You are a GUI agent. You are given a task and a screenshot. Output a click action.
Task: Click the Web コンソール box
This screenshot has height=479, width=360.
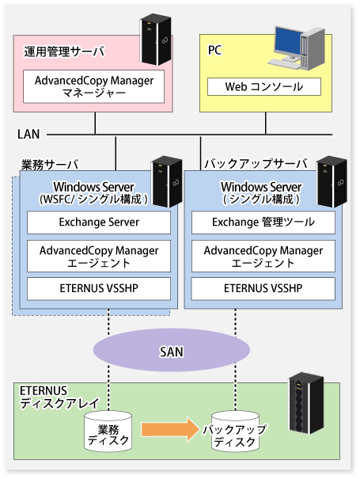pyautogui.click(x=264, y=87)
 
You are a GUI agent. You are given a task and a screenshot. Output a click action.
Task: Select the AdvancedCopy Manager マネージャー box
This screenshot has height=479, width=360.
pyautogui.click(x=93, y=86)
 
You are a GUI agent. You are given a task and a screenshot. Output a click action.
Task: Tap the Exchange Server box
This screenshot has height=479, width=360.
pyautogui.click(x=99, y=222)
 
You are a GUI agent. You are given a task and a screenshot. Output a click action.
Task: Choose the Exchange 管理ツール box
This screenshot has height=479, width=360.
pyautogui.click(x=263, y=222)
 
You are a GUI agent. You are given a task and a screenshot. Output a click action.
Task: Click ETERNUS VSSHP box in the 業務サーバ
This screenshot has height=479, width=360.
pyautogui.click(x=99, y=289)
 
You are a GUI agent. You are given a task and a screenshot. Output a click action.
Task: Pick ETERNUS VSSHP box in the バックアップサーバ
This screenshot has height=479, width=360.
pyautogui.click(x=263, y=289)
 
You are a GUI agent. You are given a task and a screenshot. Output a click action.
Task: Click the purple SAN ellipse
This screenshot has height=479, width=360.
pyautogui.click(x=172, y=350)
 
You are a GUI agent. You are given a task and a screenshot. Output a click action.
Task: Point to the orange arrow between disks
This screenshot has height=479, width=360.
pyautogui.click(x=170, y=429)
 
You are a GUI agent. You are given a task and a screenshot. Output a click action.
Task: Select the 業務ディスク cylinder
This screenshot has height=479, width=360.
pyautogui.click(x=108, y=431)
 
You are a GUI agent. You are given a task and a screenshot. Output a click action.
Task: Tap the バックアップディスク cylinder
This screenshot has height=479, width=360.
pyautogui.click(x=236, y=431)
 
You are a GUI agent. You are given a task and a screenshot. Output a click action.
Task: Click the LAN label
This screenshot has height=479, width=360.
pyautogui.click(x=28, y=134)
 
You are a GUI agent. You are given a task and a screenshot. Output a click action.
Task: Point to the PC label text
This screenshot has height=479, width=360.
pyautogui.click(x=214, y=51)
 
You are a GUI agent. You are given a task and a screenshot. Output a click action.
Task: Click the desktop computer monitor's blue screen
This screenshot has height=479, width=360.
pyautogui.click(x=288, y=41)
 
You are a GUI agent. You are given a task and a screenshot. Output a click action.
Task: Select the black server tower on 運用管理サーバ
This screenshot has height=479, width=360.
pyautogui.click(x=156, y=39)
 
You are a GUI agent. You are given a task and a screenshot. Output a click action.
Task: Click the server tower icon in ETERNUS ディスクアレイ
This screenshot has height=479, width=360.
pyautogui.click(x=306, y=403)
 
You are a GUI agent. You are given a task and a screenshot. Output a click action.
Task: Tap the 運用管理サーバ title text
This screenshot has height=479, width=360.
pyautogui.click(x=64, y=51)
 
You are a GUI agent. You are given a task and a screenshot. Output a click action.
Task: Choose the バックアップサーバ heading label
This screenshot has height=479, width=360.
pyautogui.click(x=256, y=163)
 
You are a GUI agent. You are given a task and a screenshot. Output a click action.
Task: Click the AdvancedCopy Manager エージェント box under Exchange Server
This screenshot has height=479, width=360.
pyautogui.click(x=99, y=256)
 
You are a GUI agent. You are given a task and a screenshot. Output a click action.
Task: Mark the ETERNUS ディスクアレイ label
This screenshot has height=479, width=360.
pyautogui.click(x=59, y=397)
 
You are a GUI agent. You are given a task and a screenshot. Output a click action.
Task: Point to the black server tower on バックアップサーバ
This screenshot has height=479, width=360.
pyautogui.click(x=332, y=182)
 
